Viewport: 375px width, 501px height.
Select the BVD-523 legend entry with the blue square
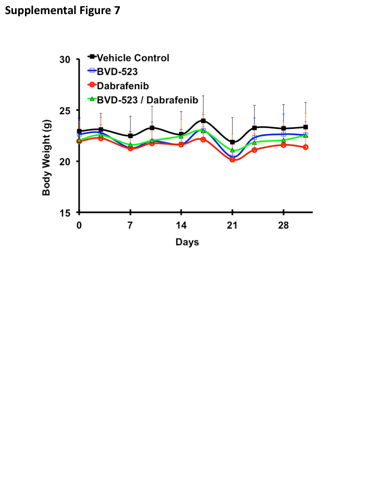click(x=117, y=72)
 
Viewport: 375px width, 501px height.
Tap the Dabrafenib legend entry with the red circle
click(x=123, y=86)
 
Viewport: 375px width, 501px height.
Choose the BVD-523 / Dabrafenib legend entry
click(x=147, y=100)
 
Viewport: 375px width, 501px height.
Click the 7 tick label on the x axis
click(x=130, y=225)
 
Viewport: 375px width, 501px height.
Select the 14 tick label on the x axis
click(x=181, y=225)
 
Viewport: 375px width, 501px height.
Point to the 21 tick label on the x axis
click(x=232, y=225)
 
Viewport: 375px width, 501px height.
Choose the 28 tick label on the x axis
click(x=283, y=225)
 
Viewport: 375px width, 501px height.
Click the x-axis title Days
click(x=187, y=242)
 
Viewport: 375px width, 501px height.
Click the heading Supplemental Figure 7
click(x=63, y=10)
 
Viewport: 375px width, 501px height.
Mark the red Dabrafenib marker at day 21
click(x=232, y=160)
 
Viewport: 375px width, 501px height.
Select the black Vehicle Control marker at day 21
click(x=232, y=142)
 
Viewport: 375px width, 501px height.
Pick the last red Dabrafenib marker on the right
click(x=306, y=147)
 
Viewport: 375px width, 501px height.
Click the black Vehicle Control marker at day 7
click(x=130, y=136)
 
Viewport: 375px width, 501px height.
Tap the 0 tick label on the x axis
click(x=79, y=225)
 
